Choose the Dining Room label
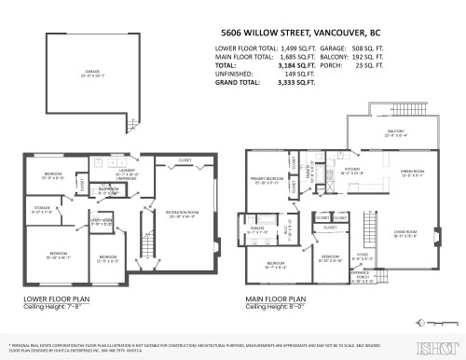[413, 173]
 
